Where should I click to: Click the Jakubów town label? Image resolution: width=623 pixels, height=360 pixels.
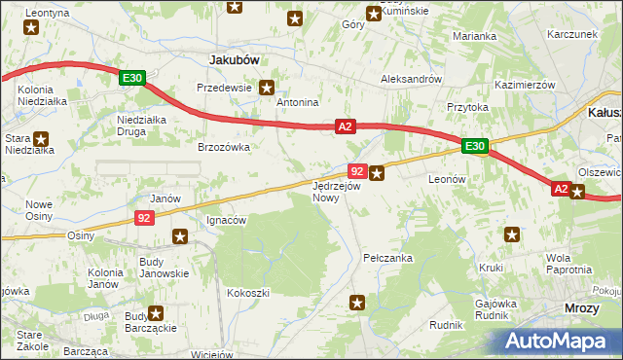point(234,59)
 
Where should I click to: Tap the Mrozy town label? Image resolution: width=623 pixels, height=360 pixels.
point(582,307)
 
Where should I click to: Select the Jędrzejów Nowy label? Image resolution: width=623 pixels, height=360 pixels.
point(337,191)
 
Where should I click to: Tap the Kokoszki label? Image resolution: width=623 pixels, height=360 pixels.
point(246,292)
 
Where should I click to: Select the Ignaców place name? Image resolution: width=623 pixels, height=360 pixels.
point(227,220)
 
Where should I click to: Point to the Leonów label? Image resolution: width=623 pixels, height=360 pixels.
point(449,180)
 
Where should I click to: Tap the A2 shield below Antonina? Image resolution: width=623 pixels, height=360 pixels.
point(346,126)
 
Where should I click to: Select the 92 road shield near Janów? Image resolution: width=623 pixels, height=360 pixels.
point(144,219)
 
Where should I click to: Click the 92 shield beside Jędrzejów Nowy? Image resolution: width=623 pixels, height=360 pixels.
point(356,172)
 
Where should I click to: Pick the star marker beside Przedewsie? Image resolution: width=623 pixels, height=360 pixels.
point(265,87)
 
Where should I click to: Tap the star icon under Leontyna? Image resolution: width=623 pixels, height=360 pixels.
point(32,28)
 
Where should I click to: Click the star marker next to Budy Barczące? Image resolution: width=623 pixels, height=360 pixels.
point(155,313)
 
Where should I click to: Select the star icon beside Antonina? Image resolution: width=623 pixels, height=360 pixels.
point(296,18)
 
